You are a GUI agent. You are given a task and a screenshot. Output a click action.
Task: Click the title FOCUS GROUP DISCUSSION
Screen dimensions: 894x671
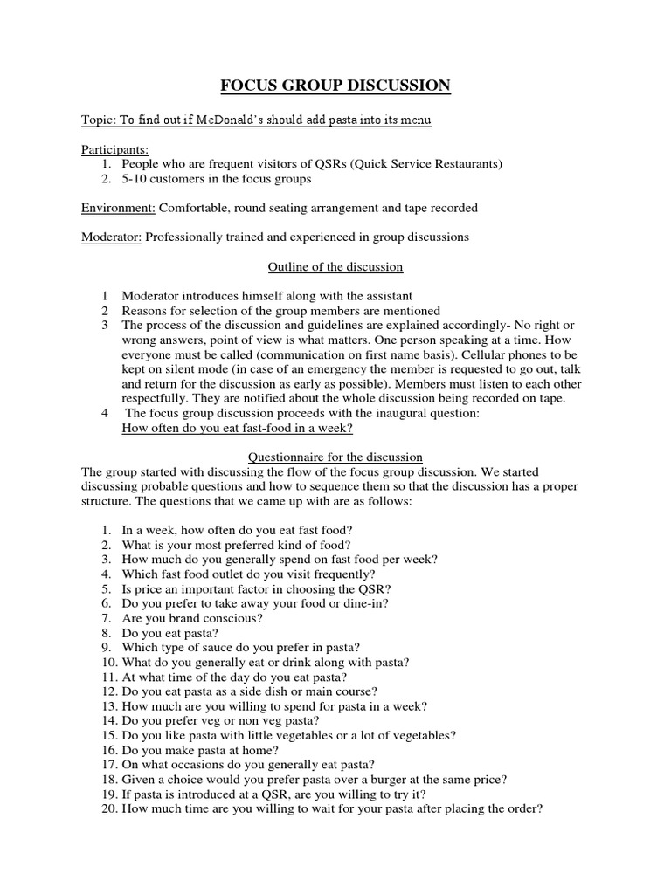335,86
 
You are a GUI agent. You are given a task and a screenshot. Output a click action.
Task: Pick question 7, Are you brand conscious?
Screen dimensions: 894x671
192,618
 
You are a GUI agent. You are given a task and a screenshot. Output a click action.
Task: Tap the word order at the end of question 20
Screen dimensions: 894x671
522,808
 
